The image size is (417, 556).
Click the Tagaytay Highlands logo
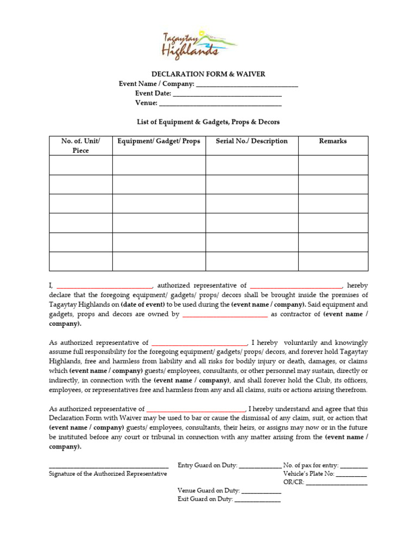pos(199,44)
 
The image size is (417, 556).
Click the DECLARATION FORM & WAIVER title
pos(208,74)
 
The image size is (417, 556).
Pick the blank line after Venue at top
pos(220,104)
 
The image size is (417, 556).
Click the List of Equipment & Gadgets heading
pos(208,122)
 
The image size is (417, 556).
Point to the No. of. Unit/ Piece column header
pos(81,146)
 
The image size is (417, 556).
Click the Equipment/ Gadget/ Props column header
pos(159,141)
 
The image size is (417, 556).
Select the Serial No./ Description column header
pos(251,141)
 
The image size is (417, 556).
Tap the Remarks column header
pos(333,141)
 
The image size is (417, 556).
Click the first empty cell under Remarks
pos(333,165)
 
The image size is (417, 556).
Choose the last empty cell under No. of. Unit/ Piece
pos(81,261)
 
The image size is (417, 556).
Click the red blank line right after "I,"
pos(104,286)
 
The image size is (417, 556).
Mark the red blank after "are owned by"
pos(225,315)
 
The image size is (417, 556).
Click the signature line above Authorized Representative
pos(109,466)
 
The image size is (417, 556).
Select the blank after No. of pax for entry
pos(354,466)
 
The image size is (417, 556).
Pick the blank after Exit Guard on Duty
pos(257,501)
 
